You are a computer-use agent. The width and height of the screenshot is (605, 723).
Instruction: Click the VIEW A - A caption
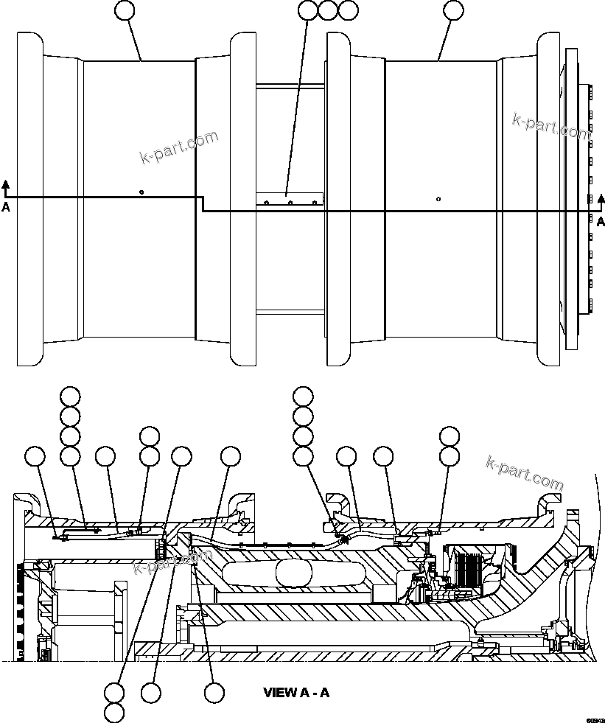click(x=296, y=692)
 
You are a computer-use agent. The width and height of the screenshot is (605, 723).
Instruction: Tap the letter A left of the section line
click(x=6, y=207)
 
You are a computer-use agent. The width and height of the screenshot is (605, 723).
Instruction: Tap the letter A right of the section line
click(x=601, y=221)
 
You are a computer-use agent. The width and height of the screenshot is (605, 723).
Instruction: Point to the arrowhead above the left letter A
click(x=6, y=184)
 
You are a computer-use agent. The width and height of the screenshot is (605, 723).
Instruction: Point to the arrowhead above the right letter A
click(x=601, y=199)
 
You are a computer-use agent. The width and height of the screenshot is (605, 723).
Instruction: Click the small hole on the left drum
click(x=141, y=192)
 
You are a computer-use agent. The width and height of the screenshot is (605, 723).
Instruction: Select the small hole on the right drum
click(x=438, y=198)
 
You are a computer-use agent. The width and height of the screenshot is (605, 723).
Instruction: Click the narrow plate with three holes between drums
click(x=290, y=199)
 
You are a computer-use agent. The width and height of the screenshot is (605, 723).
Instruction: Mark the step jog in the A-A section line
click(x=203, y=204)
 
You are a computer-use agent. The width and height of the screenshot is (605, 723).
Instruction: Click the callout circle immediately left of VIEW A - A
click(x=214, y=692)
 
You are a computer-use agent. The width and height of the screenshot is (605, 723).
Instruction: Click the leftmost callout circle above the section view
click(x=35, y=456)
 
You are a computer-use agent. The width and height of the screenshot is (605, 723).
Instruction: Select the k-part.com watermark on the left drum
click(x=179, y=147)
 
